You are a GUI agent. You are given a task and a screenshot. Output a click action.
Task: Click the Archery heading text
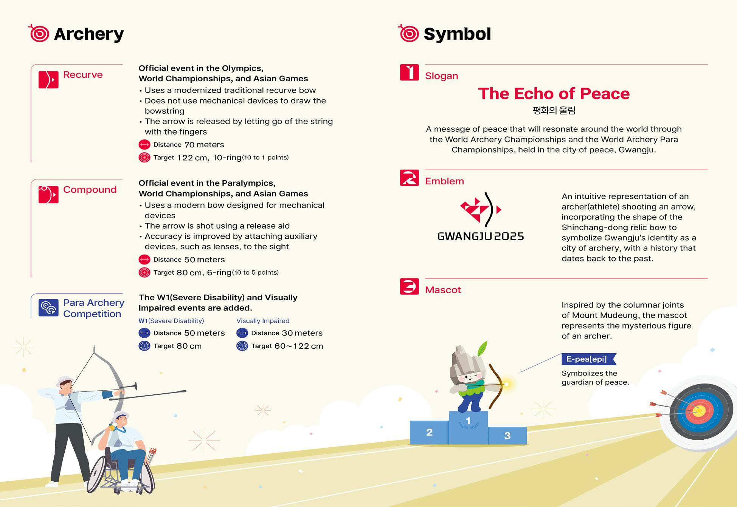[x=88, y=34]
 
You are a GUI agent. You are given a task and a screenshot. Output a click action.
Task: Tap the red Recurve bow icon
[x=48, y=80]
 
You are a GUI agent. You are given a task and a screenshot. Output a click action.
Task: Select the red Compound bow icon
[x=48, y=195]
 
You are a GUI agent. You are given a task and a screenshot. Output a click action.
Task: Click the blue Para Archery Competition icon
[x=48, y=308]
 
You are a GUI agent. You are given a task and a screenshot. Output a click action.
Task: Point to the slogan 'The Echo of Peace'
[x=554, y=94]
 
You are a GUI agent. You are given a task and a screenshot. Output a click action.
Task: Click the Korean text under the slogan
[x=554, y=110]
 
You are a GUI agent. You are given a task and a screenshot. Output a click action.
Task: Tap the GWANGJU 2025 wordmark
[x=481, y=236]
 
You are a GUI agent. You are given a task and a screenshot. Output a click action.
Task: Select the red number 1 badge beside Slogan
[x=409, y=72]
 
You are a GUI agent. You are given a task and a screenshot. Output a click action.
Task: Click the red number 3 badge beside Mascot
[x=409, y=286]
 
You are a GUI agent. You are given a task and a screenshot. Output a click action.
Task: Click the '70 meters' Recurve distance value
[x=204, y=145]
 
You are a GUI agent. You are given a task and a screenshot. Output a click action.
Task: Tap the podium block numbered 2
[x=429, y=433]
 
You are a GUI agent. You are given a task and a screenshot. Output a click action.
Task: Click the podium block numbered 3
[x=507, y=436]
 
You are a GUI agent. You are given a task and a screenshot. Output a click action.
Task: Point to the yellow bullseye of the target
[x=699, y=411]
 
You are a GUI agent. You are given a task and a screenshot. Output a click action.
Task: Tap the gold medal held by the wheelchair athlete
[x=112, y=428]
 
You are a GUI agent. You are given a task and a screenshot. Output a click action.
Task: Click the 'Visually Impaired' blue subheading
[x=263, y=321]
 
